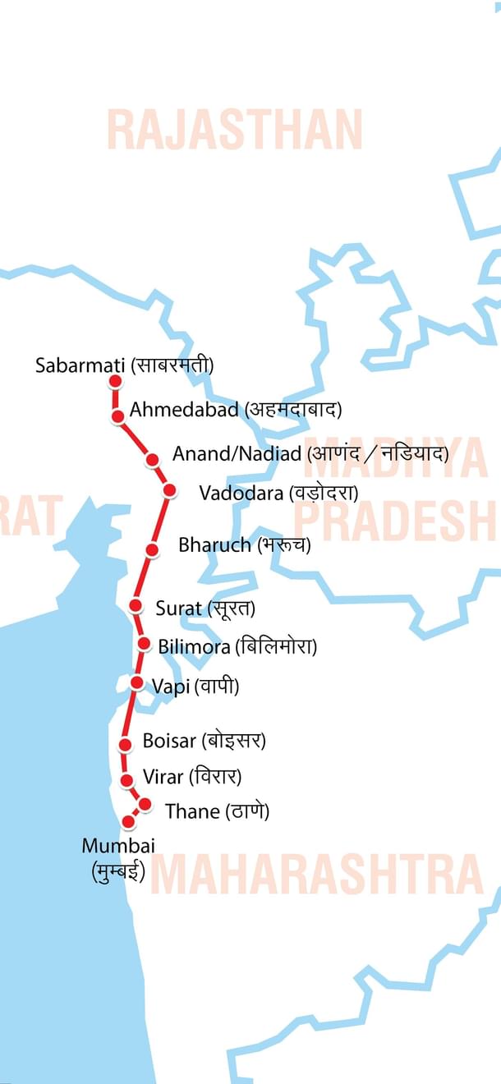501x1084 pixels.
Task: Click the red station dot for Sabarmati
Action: tap(116, 381)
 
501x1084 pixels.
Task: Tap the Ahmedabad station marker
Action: tap(118, 417)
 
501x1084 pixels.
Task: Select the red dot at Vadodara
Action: tap(170, 490)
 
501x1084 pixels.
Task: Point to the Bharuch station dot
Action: tap(152, 549)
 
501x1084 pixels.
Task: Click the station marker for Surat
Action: tap(136, 606)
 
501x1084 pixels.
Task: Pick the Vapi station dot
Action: tap(138, 682)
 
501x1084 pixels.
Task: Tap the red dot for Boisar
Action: tap(126, 745)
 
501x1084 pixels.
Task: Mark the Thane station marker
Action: tap(145, 804)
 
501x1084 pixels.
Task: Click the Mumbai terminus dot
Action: tap(128, 821)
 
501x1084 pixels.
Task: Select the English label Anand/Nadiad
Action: tap(237, 454)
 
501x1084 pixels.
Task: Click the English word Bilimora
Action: tap(194, 646)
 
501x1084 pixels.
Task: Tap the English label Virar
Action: tap(163, 776)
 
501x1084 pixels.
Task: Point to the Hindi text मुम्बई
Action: tap(118, 871)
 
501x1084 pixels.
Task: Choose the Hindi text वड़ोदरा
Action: tap(323, 493)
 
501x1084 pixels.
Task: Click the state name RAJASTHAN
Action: tap(235, 130)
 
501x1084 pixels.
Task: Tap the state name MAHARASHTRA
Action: tap(317, 874)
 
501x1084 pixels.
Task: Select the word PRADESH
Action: tap(394, 520)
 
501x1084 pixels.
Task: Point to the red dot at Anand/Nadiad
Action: tap(152, 460)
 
